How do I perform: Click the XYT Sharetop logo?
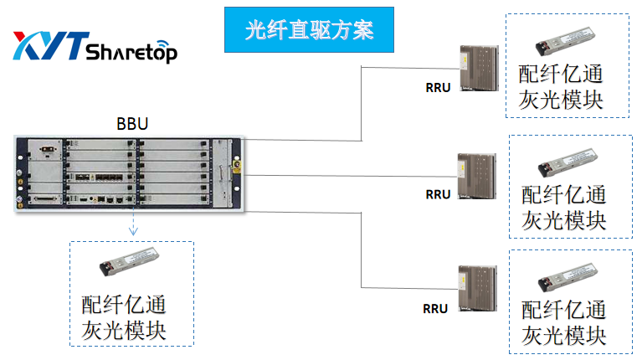coord(95,49)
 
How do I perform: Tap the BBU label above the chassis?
coord(132,124)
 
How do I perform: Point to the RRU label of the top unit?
coord(438,85)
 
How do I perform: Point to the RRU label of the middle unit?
coord(438,194)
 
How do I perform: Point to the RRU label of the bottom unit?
coord(436,308)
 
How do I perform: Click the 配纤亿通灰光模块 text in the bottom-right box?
coord(563,321)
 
